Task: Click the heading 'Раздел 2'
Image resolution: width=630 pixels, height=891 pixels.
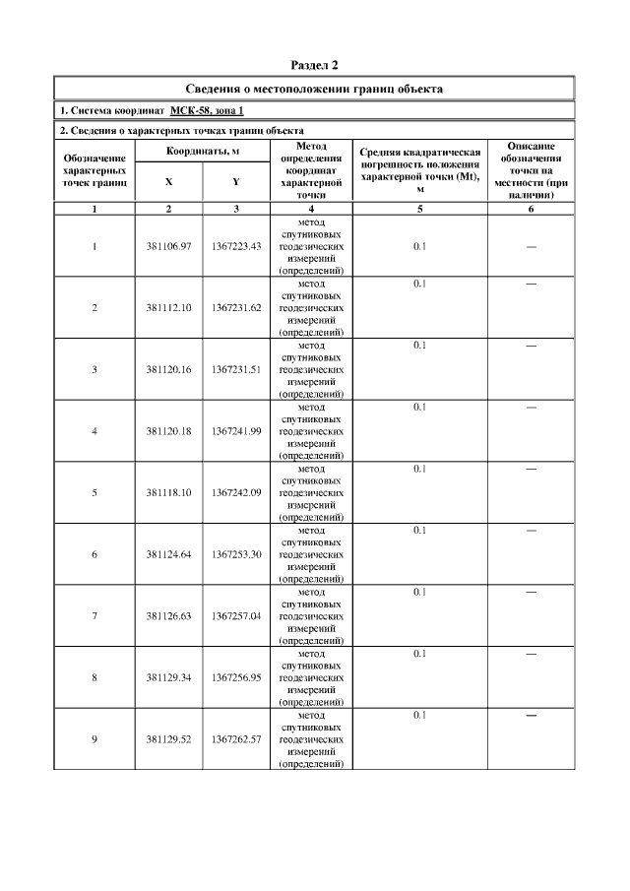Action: click(x=314, y=66)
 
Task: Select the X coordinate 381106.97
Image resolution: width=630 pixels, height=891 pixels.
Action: click(x=168, y=246)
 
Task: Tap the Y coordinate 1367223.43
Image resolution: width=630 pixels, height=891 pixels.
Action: click(x=235, y=246)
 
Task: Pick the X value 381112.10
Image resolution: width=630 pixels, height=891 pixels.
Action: click(x=168, y=308)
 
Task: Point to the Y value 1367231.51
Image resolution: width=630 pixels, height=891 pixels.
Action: click(x=235, y=369)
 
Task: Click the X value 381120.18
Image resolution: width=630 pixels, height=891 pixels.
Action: click(x=168, y=431)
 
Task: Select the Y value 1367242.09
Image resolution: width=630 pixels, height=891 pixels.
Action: click(x=235, y=492)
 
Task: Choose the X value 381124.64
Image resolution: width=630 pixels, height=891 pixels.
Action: click(x=168, y=554)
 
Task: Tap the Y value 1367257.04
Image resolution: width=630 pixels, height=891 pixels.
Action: click(x=235, y=615)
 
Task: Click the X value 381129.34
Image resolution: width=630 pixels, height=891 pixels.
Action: click(x=168, y=677)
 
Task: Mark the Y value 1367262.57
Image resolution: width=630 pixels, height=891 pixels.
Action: click(x=235, y=738)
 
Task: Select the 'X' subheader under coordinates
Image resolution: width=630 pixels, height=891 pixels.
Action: click(x=168, y=182)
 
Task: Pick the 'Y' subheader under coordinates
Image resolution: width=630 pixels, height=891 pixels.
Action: click(x=235, y=182)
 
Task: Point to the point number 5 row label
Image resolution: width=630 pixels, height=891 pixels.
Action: click(x=94, y=492)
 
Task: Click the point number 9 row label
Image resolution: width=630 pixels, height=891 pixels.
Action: click(x=94, y=738)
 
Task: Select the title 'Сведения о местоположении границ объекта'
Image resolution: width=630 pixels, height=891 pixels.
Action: click(x=314, y=89)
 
